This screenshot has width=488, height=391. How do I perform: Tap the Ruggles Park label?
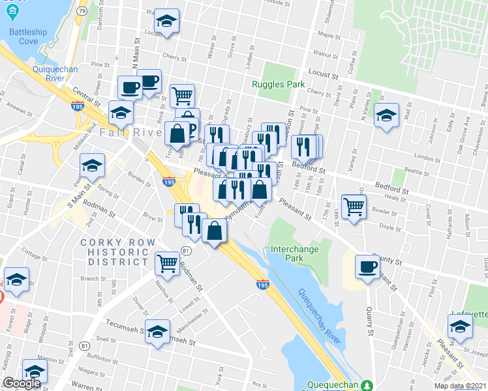point(279,84)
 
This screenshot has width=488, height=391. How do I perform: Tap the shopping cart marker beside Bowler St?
point(354,206)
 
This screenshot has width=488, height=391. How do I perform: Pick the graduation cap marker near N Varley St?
point(388,115)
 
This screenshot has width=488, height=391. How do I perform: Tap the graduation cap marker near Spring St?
point(93,166)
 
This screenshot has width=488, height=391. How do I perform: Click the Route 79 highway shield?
point(81,11)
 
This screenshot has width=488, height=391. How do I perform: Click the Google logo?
point(22,383)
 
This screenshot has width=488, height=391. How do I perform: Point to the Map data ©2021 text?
point(459,386)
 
